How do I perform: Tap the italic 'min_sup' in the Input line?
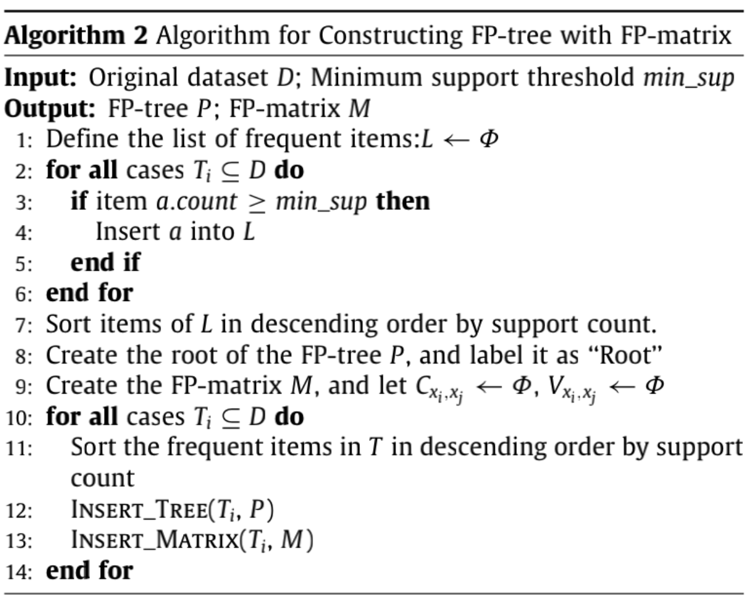688,78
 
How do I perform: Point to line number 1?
23,140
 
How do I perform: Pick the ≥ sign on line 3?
256,202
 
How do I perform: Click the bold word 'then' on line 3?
402,201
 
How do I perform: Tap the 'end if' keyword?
105,263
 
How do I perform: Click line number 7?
23,325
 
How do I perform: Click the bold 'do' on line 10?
289,417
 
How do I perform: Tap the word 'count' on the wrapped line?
102,479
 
